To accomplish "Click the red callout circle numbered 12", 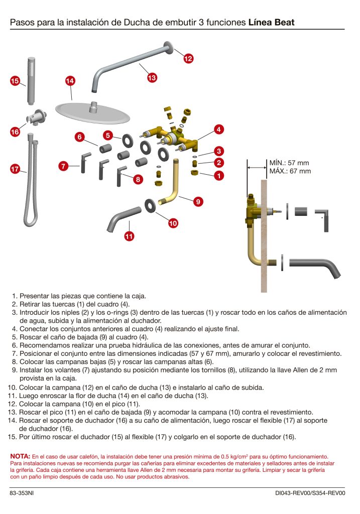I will coord(188,59).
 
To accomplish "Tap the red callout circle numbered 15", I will coord(15,81).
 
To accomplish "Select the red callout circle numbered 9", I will coord(198,201).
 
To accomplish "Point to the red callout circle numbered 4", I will coord(218,129).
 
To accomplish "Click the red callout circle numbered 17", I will coord(15,170).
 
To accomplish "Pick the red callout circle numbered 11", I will coord(129,236).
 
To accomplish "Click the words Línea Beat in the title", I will coord(271,22).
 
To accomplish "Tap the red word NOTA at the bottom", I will coord(20,456).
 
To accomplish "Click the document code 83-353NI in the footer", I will coord(22,494).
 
